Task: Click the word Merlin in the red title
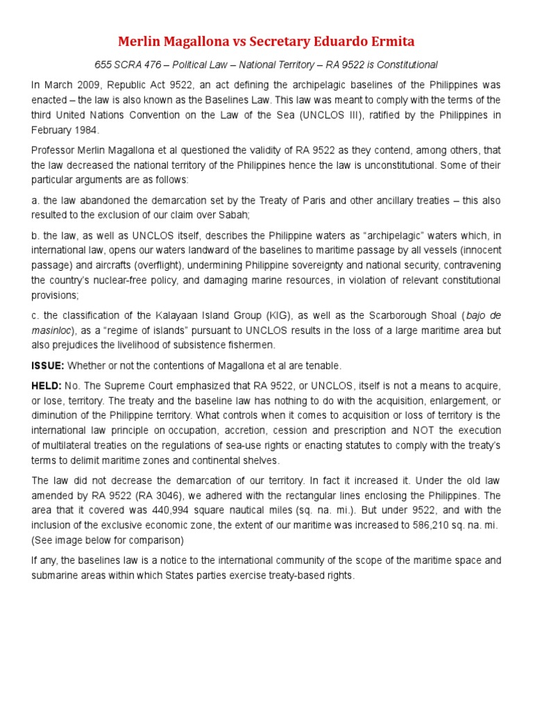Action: point(139,42)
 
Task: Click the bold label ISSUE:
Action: point(47,366)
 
